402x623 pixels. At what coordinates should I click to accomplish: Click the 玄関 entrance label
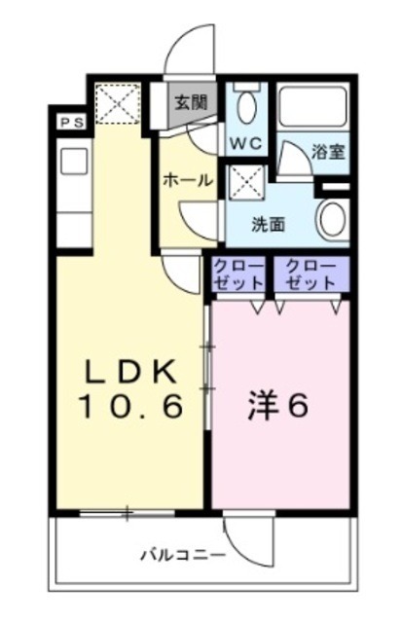click(191, 101)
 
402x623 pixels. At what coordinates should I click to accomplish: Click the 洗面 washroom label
click(269, 223)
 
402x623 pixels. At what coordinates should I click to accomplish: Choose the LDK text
click(129, 372)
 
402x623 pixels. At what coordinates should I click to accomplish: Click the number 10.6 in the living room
click(130, 407)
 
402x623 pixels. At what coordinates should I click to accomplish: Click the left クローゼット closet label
click(238, 274)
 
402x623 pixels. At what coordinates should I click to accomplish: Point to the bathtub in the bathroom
click(312, 108)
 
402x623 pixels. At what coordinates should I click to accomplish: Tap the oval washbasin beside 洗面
click(331, 220)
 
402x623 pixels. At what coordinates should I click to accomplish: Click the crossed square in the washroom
click(243, 180)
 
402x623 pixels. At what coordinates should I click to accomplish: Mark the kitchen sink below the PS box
click(74, 163)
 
